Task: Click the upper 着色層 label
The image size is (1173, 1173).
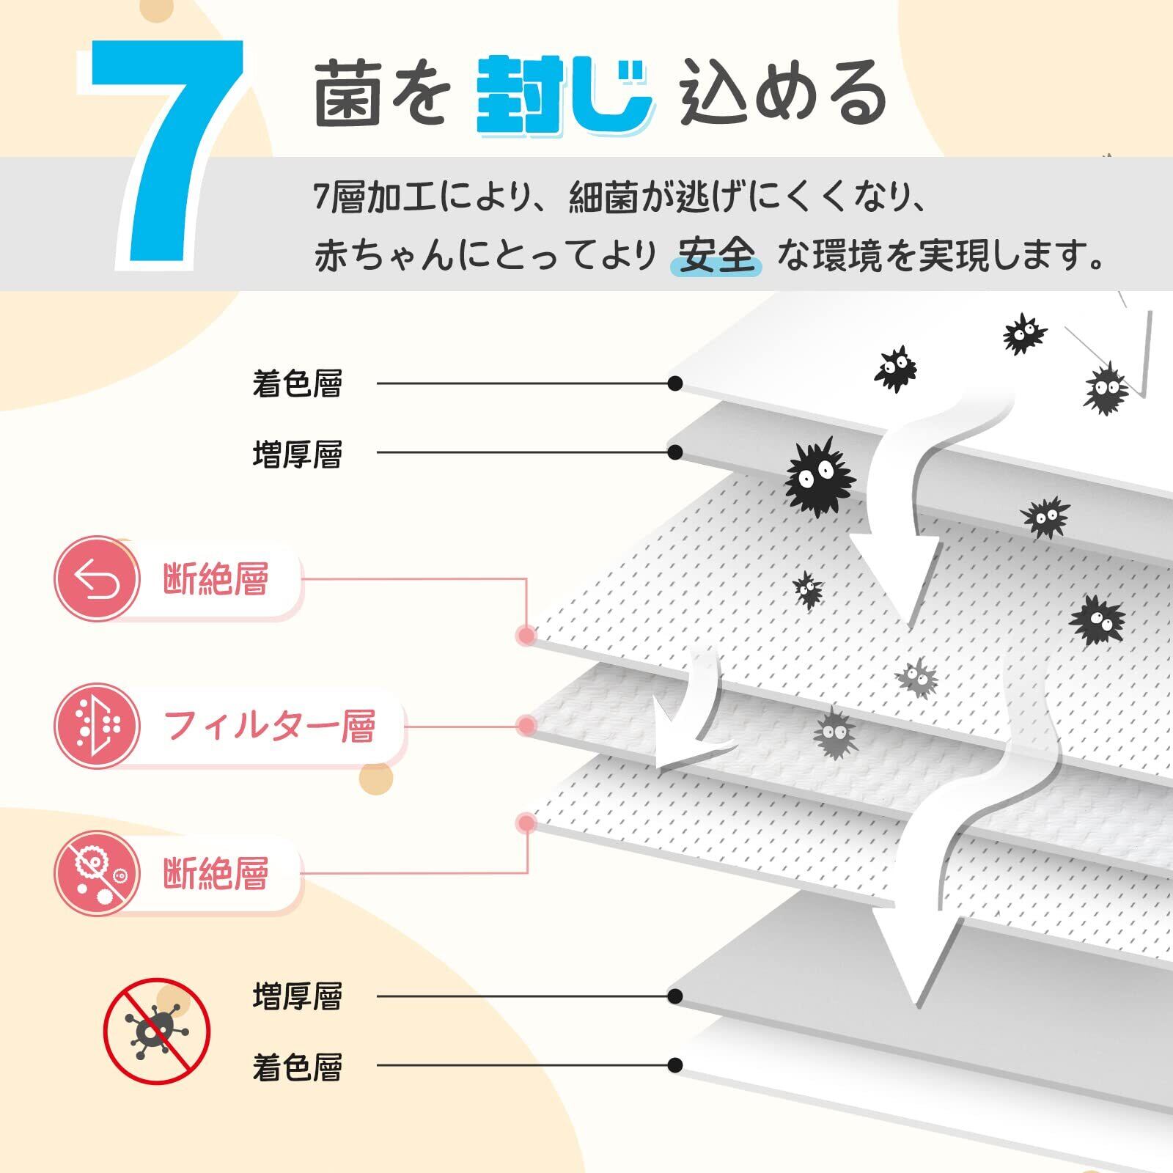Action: point(297,383)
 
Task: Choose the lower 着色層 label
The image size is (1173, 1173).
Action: point(297,1067)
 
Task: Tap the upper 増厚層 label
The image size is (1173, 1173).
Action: point(297,454)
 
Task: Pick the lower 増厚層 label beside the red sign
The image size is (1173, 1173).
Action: point(297,997)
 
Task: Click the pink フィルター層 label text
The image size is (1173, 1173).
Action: point(270,726)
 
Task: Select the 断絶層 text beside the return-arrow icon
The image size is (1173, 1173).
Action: point(216,579)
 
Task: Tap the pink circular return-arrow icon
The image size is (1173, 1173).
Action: point(97,579)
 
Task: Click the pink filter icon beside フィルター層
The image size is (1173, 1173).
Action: point(97,726)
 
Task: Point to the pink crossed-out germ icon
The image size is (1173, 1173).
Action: point(97,872)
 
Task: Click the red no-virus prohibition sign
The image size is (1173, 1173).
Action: point(156,1032)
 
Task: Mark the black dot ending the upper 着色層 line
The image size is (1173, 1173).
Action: point(675,383)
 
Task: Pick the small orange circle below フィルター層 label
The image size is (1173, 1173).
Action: point(377,779)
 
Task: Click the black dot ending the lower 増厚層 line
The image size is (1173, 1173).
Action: point(675,996)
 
